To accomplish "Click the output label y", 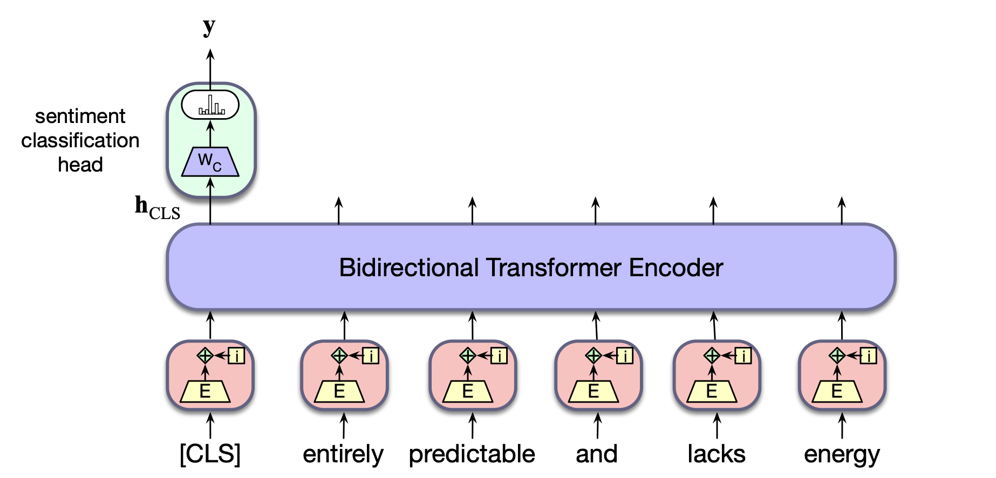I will (209, 26).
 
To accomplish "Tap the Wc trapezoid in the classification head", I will (210, 161).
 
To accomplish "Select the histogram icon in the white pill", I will (210, 105).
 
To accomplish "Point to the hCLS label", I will (157, 208).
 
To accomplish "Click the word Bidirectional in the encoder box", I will (409, 268).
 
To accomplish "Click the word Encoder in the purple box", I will (676, 268).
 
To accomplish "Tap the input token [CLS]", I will (210, 454).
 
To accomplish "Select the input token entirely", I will (343, 454).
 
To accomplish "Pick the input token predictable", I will (472, 454).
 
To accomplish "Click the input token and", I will (596, 454).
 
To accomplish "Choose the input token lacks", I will (717, 454).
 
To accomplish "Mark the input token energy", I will (842, 454).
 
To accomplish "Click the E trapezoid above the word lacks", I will (712, 391).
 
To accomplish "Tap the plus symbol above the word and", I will (593, 356).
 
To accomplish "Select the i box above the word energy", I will (868, 356).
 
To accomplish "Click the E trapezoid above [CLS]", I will (205, 391).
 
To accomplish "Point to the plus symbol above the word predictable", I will (468, 356).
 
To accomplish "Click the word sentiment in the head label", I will (80, 116).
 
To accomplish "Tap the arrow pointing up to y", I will (210, 67).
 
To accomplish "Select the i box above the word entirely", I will (371, 356).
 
